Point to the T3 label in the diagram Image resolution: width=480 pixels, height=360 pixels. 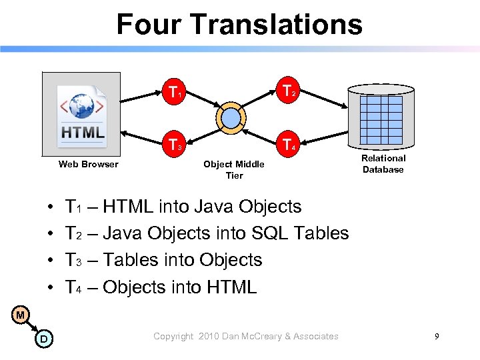[176, 144]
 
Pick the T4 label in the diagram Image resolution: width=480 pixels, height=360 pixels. [289, 144]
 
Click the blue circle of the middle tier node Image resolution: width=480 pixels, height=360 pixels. [231, 118]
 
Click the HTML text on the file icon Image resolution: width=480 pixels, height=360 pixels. [83, 132]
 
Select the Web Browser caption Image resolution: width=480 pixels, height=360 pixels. [88, 164]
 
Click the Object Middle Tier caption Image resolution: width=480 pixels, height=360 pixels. [233, 169]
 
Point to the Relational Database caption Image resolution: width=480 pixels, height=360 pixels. [383, 164]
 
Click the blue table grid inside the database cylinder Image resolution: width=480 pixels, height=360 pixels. [382, 115]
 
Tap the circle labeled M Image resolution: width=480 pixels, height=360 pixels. [21, 315]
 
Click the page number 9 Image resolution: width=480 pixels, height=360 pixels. [437, 337]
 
